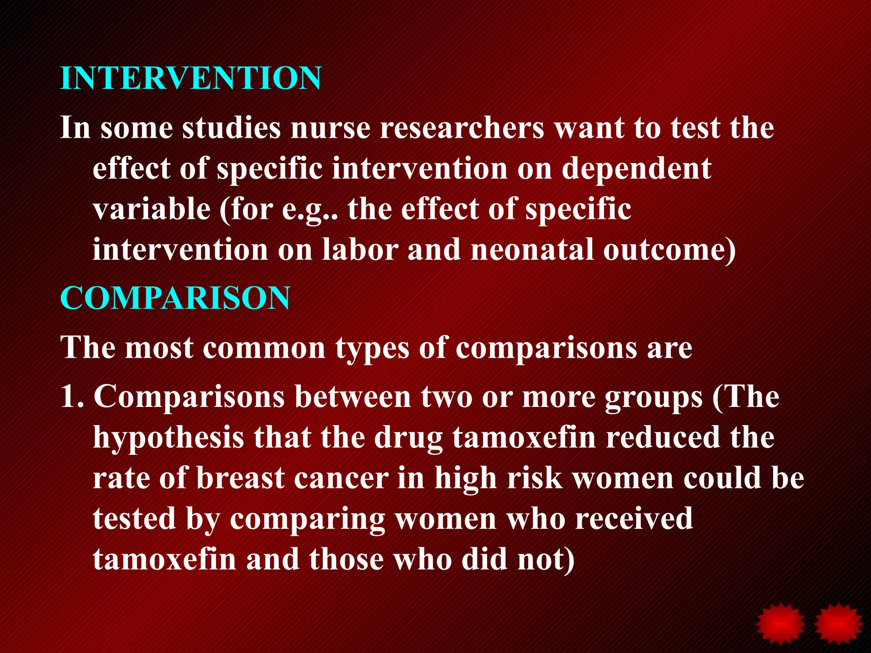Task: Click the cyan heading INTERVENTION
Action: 191,78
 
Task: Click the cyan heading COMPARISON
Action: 175,298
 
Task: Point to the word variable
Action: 151,209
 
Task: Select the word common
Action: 264,348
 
